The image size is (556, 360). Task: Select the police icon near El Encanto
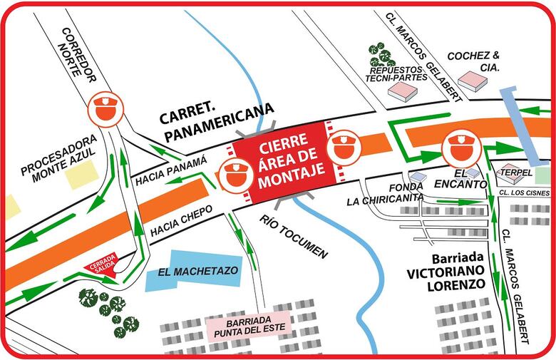pos(457,148)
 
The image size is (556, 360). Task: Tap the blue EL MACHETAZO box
pos(193,270)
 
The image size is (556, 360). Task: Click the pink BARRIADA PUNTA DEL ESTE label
pos(247,324)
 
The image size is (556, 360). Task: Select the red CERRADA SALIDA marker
pos(101,267)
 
